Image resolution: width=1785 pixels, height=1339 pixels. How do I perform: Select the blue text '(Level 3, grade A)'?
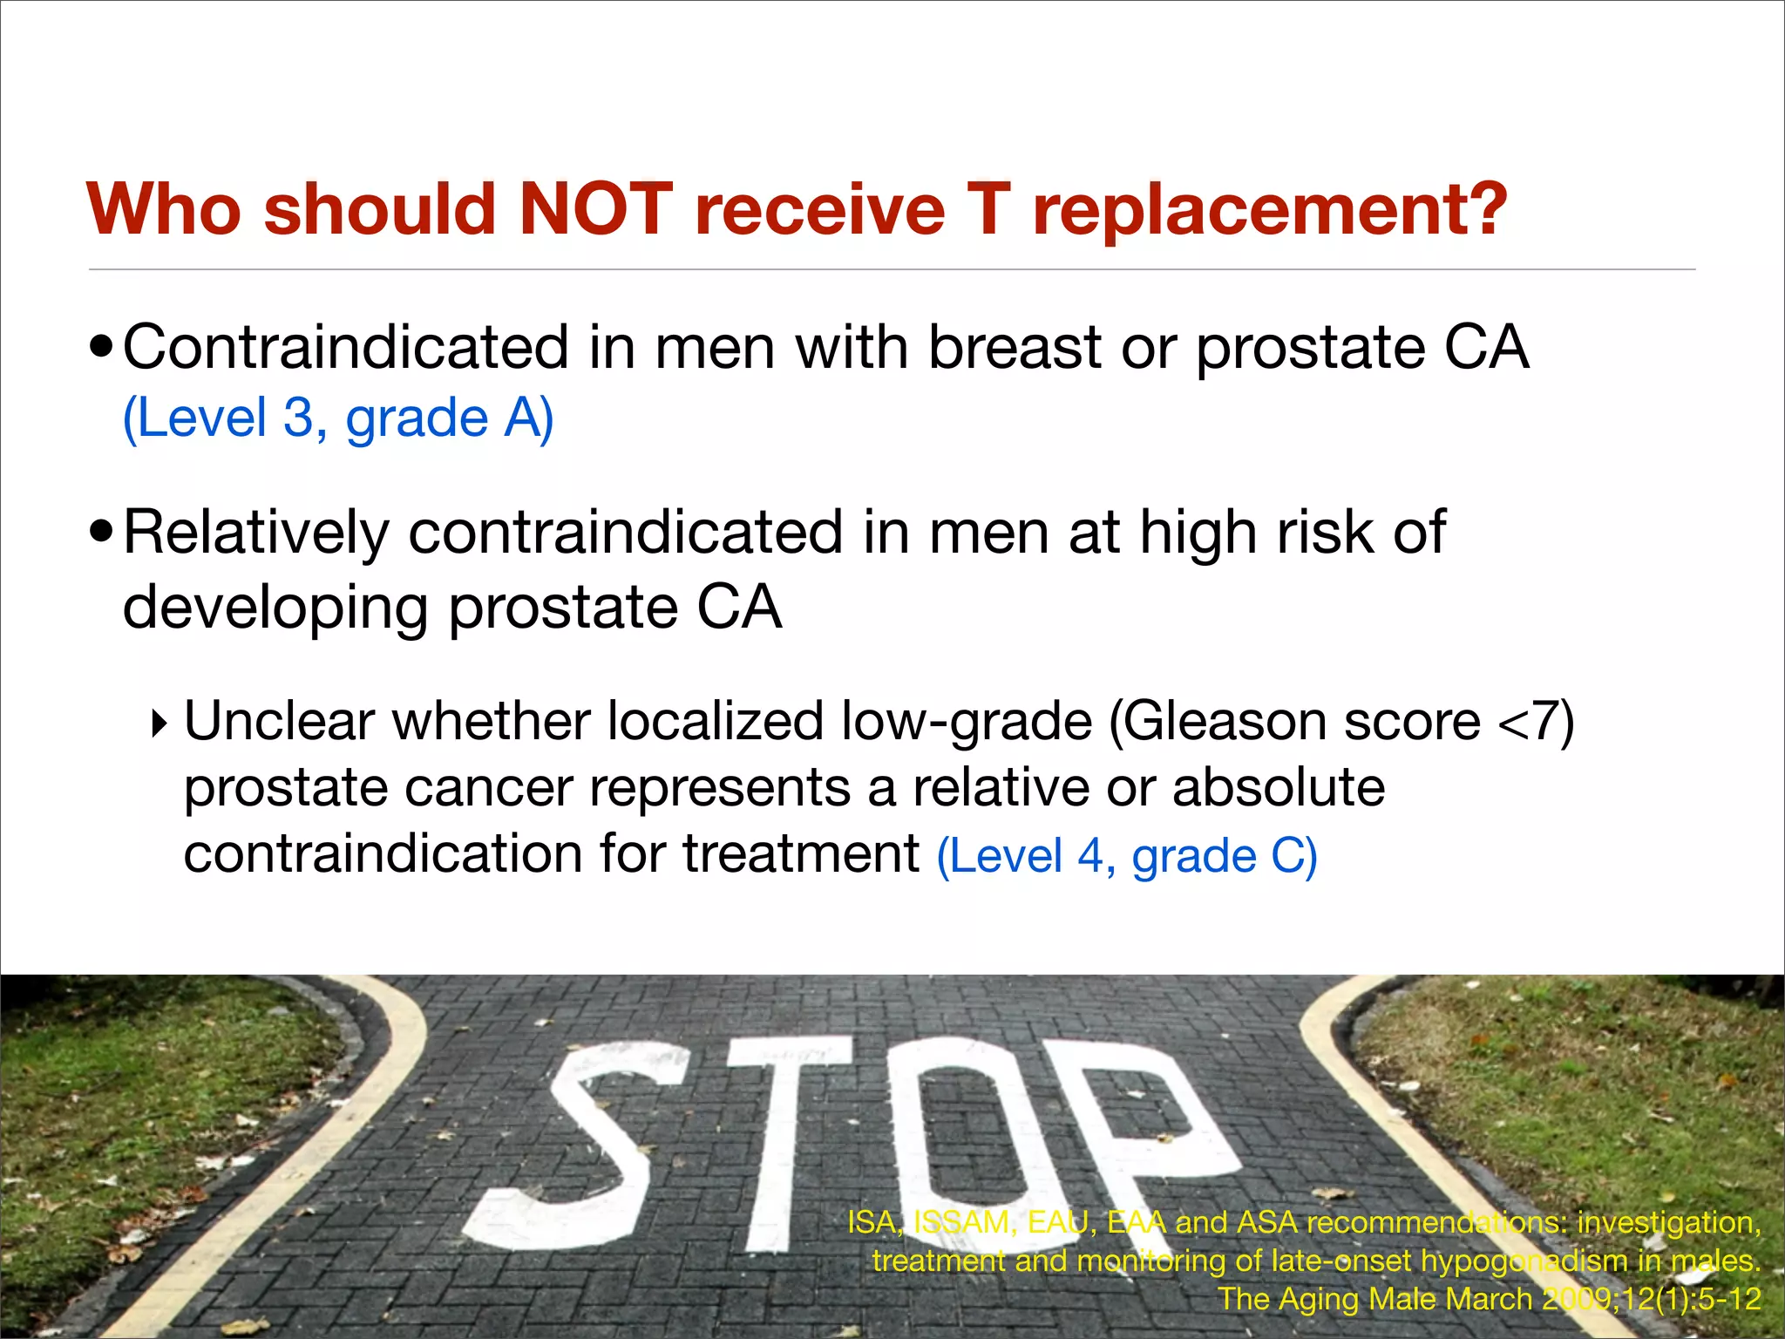[338, 418]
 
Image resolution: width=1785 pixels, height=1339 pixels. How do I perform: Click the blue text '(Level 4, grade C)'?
[1127, 856]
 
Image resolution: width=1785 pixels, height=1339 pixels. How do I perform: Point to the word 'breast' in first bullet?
[1015, 348]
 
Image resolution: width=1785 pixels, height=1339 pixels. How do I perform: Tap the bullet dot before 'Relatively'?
[102, 532]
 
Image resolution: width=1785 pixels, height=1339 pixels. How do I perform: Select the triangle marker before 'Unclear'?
[159, 724]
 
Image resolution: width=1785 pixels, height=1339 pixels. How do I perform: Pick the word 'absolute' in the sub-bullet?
[1279, 788]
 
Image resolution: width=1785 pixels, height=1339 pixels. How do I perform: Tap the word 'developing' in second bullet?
[275, 608]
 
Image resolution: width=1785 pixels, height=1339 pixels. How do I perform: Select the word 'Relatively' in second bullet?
[255, 532]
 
